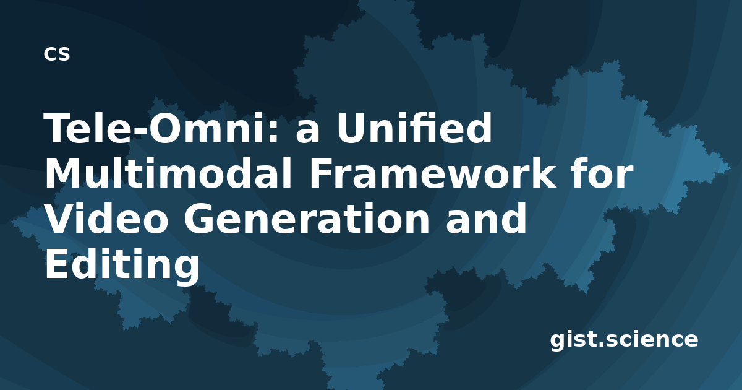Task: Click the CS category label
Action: [x=57, y=54]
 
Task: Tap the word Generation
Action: [x=307, y=219]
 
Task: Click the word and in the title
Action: [x=486, y=219]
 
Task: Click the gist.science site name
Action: [x=624, y=340]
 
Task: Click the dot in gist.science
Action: [x=602, y=345]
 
